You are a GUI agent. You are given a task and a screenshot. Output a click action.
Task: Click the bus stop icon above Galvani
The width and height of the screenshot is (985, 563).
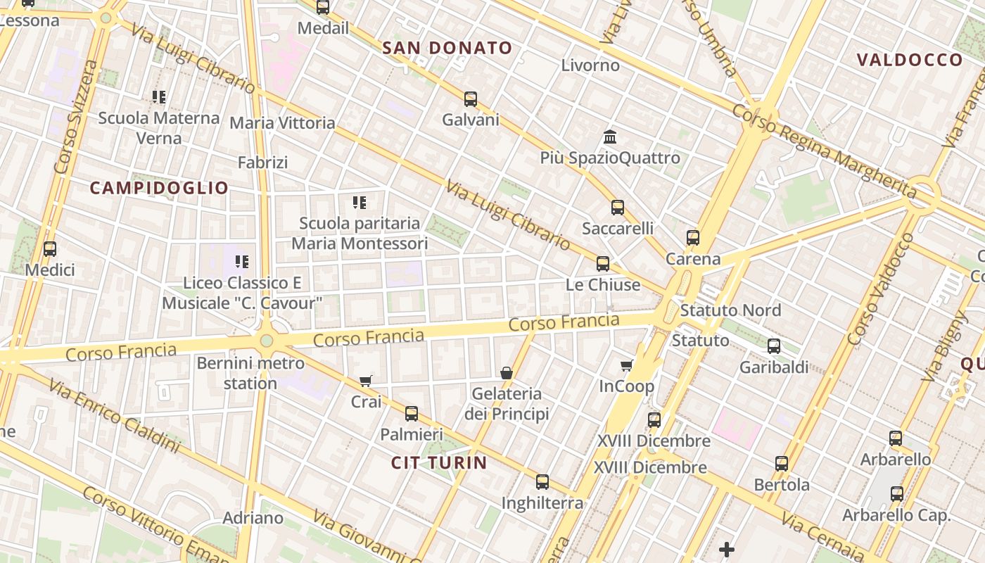tap(471, 99)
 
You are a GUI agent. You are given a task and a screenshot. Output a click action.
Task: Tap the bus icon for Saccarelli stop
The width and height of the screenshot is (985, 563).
tap(618, 207)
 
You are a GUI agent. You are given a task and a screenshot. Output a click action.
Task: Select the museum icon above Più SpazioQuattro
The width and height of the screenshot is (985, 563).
tap(610, 137)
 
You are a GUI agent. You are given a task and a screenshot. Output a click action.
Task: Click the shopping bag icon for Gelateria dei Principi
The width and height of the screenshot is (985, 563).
tap(507, 372)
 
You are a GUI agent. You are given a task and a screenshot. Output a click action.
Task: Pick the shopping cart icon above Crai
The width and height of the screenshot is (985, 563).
tap(366, 381)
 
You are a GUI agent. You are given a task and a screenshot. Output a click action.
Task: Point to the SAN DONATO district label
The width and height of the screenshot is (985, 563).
tap(447, 48)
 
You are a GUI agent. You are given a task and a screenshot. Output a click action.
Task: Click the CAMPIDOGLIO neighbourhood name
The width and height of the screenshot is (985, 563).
tap(160, 188)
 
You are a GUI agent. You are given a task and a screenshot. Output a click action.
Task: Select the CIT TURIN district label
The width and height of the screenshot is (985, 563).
tap(439, 462)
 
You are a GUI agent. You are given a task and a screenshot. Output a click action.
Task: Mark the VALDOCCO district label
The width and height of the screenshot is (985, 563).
tap(910, 60)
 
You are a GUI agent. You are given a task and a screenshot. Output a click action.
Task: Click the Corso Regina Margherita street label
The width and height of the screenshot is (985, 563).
tap(823, 150)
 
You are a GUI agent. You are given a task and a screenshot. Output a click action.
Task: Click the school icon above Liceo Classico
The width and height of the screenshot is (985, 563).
tap(242, 262)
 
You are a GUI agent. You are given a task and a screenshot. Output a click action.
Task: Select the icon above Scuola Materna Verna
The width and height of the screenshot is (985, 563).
tap(159, 97)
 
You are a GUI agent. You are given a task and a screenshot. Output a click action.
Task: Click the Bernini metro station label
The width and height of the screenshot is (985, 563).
tap(250, 373)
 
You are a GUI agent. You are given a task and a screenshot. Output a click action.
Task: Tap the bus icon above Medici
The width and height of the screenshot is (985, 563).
tap(49, 249)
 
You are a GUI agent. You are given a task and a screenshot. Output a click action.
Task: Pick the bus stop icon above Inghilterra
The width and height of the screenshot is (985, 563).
tap(542, 482)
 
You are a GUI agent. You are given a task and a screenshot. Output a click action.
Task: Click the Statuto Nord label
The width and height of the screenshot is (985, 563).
tap(730, 310)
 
